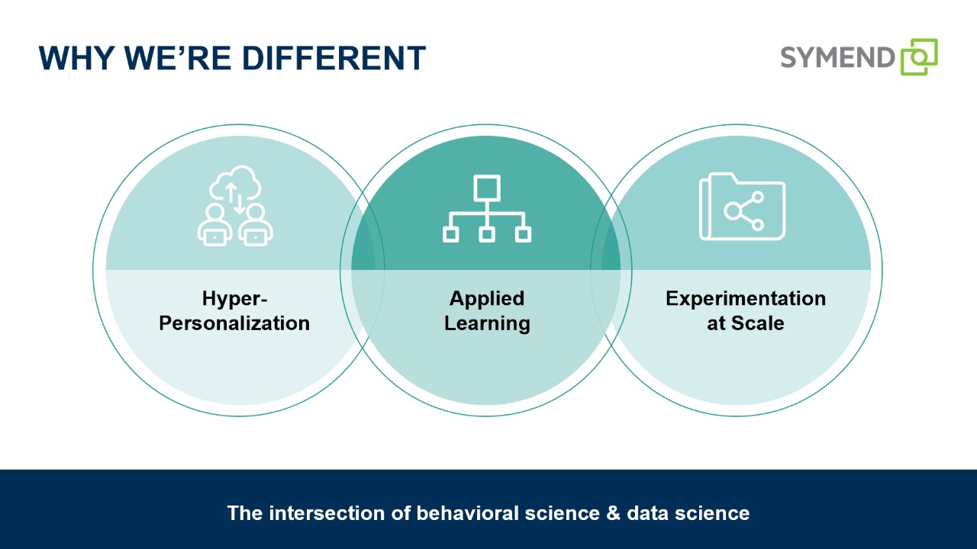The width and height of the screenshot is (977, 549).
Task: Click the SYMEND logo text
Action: (837, 57)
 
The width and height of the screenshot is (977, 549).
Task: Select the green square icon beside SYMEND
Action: (919, 57)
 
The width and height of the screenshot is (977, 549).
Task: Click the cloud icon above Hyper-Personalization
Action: (236, 182)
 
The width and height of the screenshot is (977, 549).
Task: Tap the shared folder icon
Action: (742, 207)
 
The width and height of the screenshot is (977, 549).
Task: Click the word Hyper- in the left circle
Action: (234, 298)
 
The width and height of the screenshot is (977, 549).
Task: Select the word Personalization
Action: (234, 323)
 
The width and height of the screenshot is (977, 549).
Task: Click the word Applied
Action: (487, 298)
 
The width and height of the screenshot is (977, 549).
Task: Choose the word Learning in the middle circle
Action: (487, 323)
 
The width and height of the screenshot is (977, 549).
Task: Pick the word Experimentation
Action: (745, 298)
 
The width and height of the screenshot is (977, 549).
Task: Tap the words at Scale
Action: (745, 323)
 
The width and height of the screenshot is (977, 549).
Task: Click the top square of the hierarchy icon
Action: (487, 188)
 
